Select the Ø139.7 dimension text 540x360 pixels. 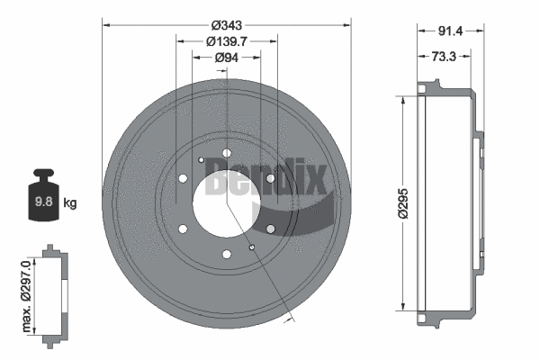click(227, 41)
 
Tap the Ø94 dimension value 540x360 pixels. click(227, 58)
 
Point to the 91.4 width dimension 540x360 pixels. click(450, 31)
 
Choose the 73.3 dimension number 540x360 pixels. click(442, 56)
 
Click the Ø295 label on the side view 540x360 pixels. click(405, 203)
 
